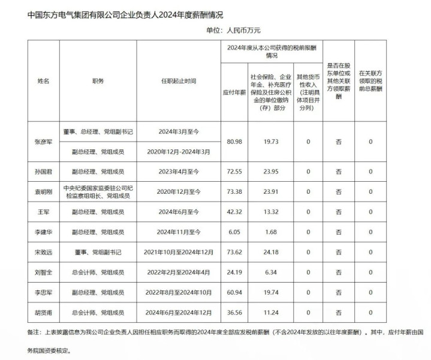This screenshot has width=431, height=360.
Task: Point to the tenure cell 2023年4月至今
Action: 179,172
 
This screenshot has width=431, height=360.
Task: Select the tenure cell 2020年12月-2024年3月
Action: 179,152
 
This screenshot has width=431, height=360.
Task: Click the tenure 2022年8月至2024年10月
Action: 179,293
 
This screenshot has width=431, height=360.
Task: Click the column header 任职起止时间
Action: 179,80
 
